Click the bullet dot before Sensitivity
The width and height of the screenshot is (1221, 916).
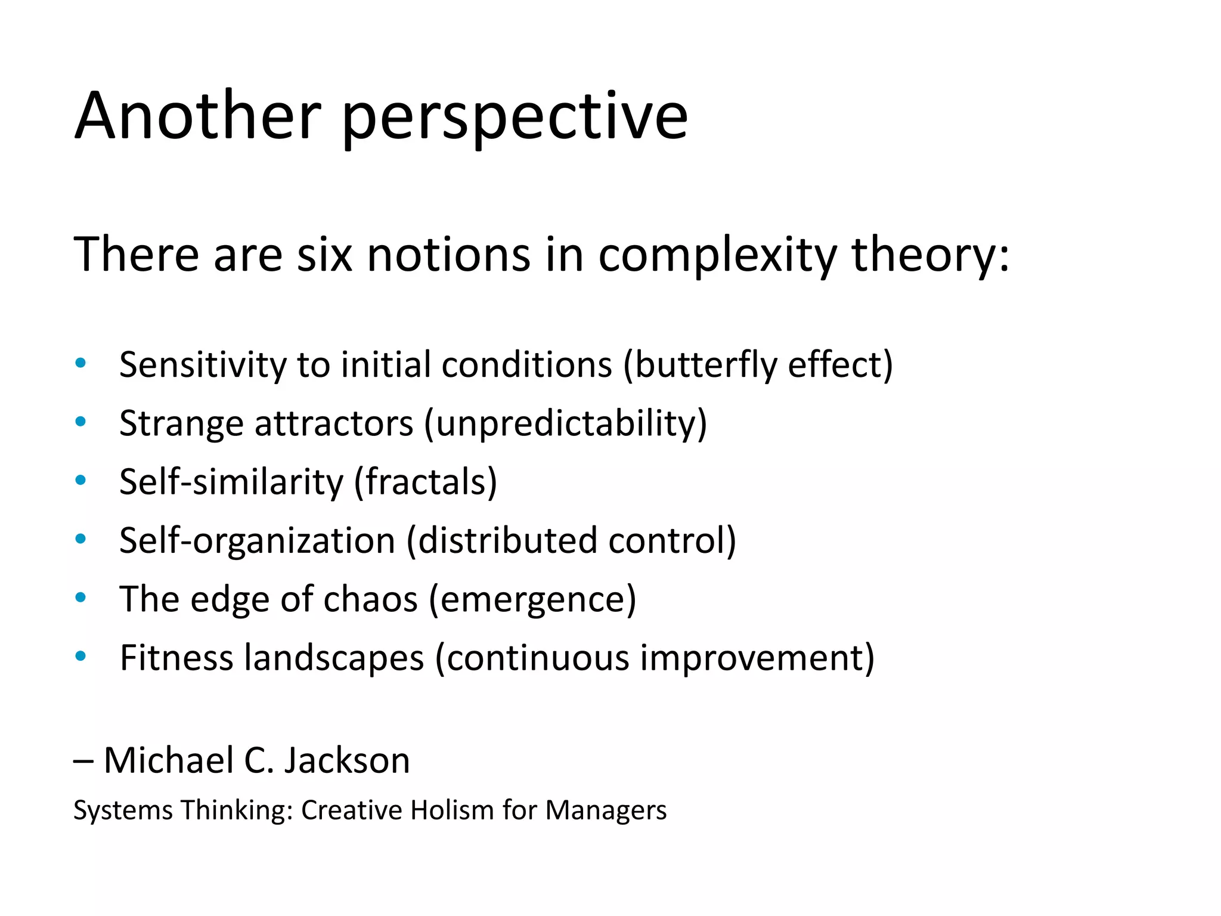pyautogui.click(x=80, y=363)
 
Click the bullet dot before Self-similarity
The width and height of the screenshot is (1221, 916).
pyautogui.click(x=80, y=480)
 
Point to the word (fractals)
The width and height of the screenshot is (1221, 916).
pyautogui.click(x=426, y=482)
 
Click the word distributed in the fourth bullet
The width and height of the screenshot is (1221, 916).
pyautogui.click(x=507, y=540)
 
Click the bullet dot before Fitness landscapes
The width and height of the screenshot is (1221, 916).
pyautogui.click(x=80, y=656)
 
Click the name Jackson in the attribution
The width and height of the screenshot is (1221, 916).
pyautogui.click(x=346, y=761)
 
